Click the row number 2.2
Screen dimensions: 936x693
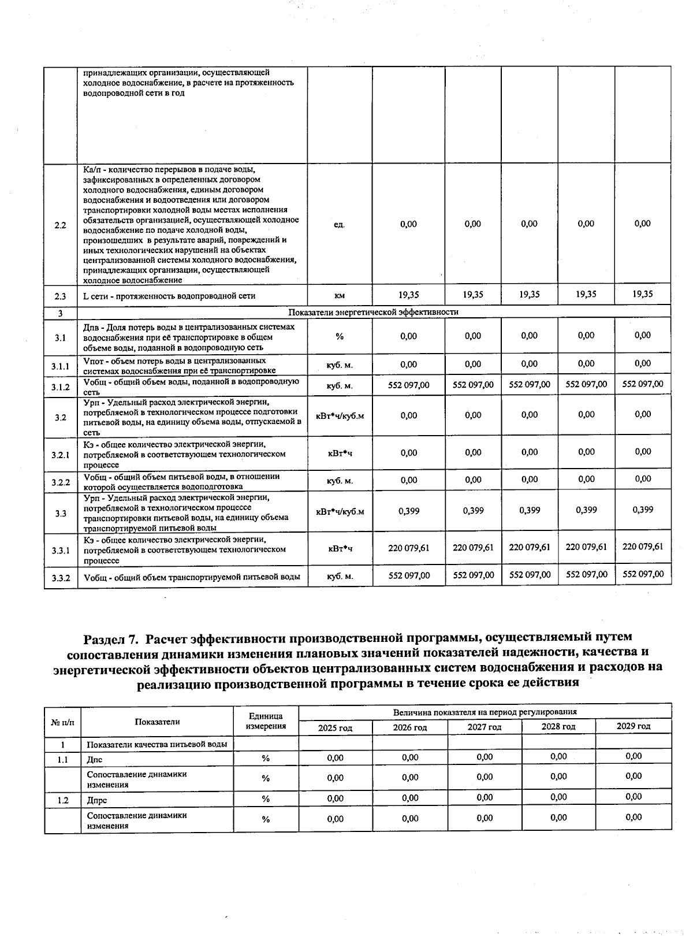click(x=60, y=225)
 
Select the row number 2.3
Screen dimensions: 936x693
click(x=60, y=296)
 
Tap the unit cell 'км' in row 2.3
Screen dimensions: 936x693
click(x=340, y=296)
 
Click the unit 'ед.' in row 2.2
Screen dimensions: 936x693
click(x=340, y=225)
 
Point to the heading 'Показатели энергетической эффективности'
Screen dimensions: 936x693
click(x=374, y=312)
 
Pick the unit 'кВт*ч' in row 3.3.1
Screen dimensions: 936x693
click(x=340, y=548)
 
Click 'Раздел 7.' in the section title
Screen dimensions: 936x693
click(x=111, y=638)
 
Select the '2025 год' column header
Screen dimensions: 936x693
click(x=335, y=728)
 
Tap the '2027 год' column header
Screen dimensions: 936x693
click(x=485, y=727)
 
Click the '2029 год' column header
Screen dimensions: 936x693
click(x=634, y=726)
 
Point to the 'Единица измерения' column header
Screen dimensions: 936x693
click(x=266, y=721)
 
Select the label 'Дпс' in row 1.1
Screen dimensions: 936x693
click(x=94, y=760)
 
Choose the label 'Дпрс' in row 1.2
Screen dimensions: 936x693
click(x=96, y=801)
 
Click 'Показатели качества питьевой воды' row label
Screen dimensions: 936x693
click(x=157, y=745)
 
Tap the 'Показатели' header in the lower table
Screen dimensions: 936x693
click(x=157, y=722)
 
